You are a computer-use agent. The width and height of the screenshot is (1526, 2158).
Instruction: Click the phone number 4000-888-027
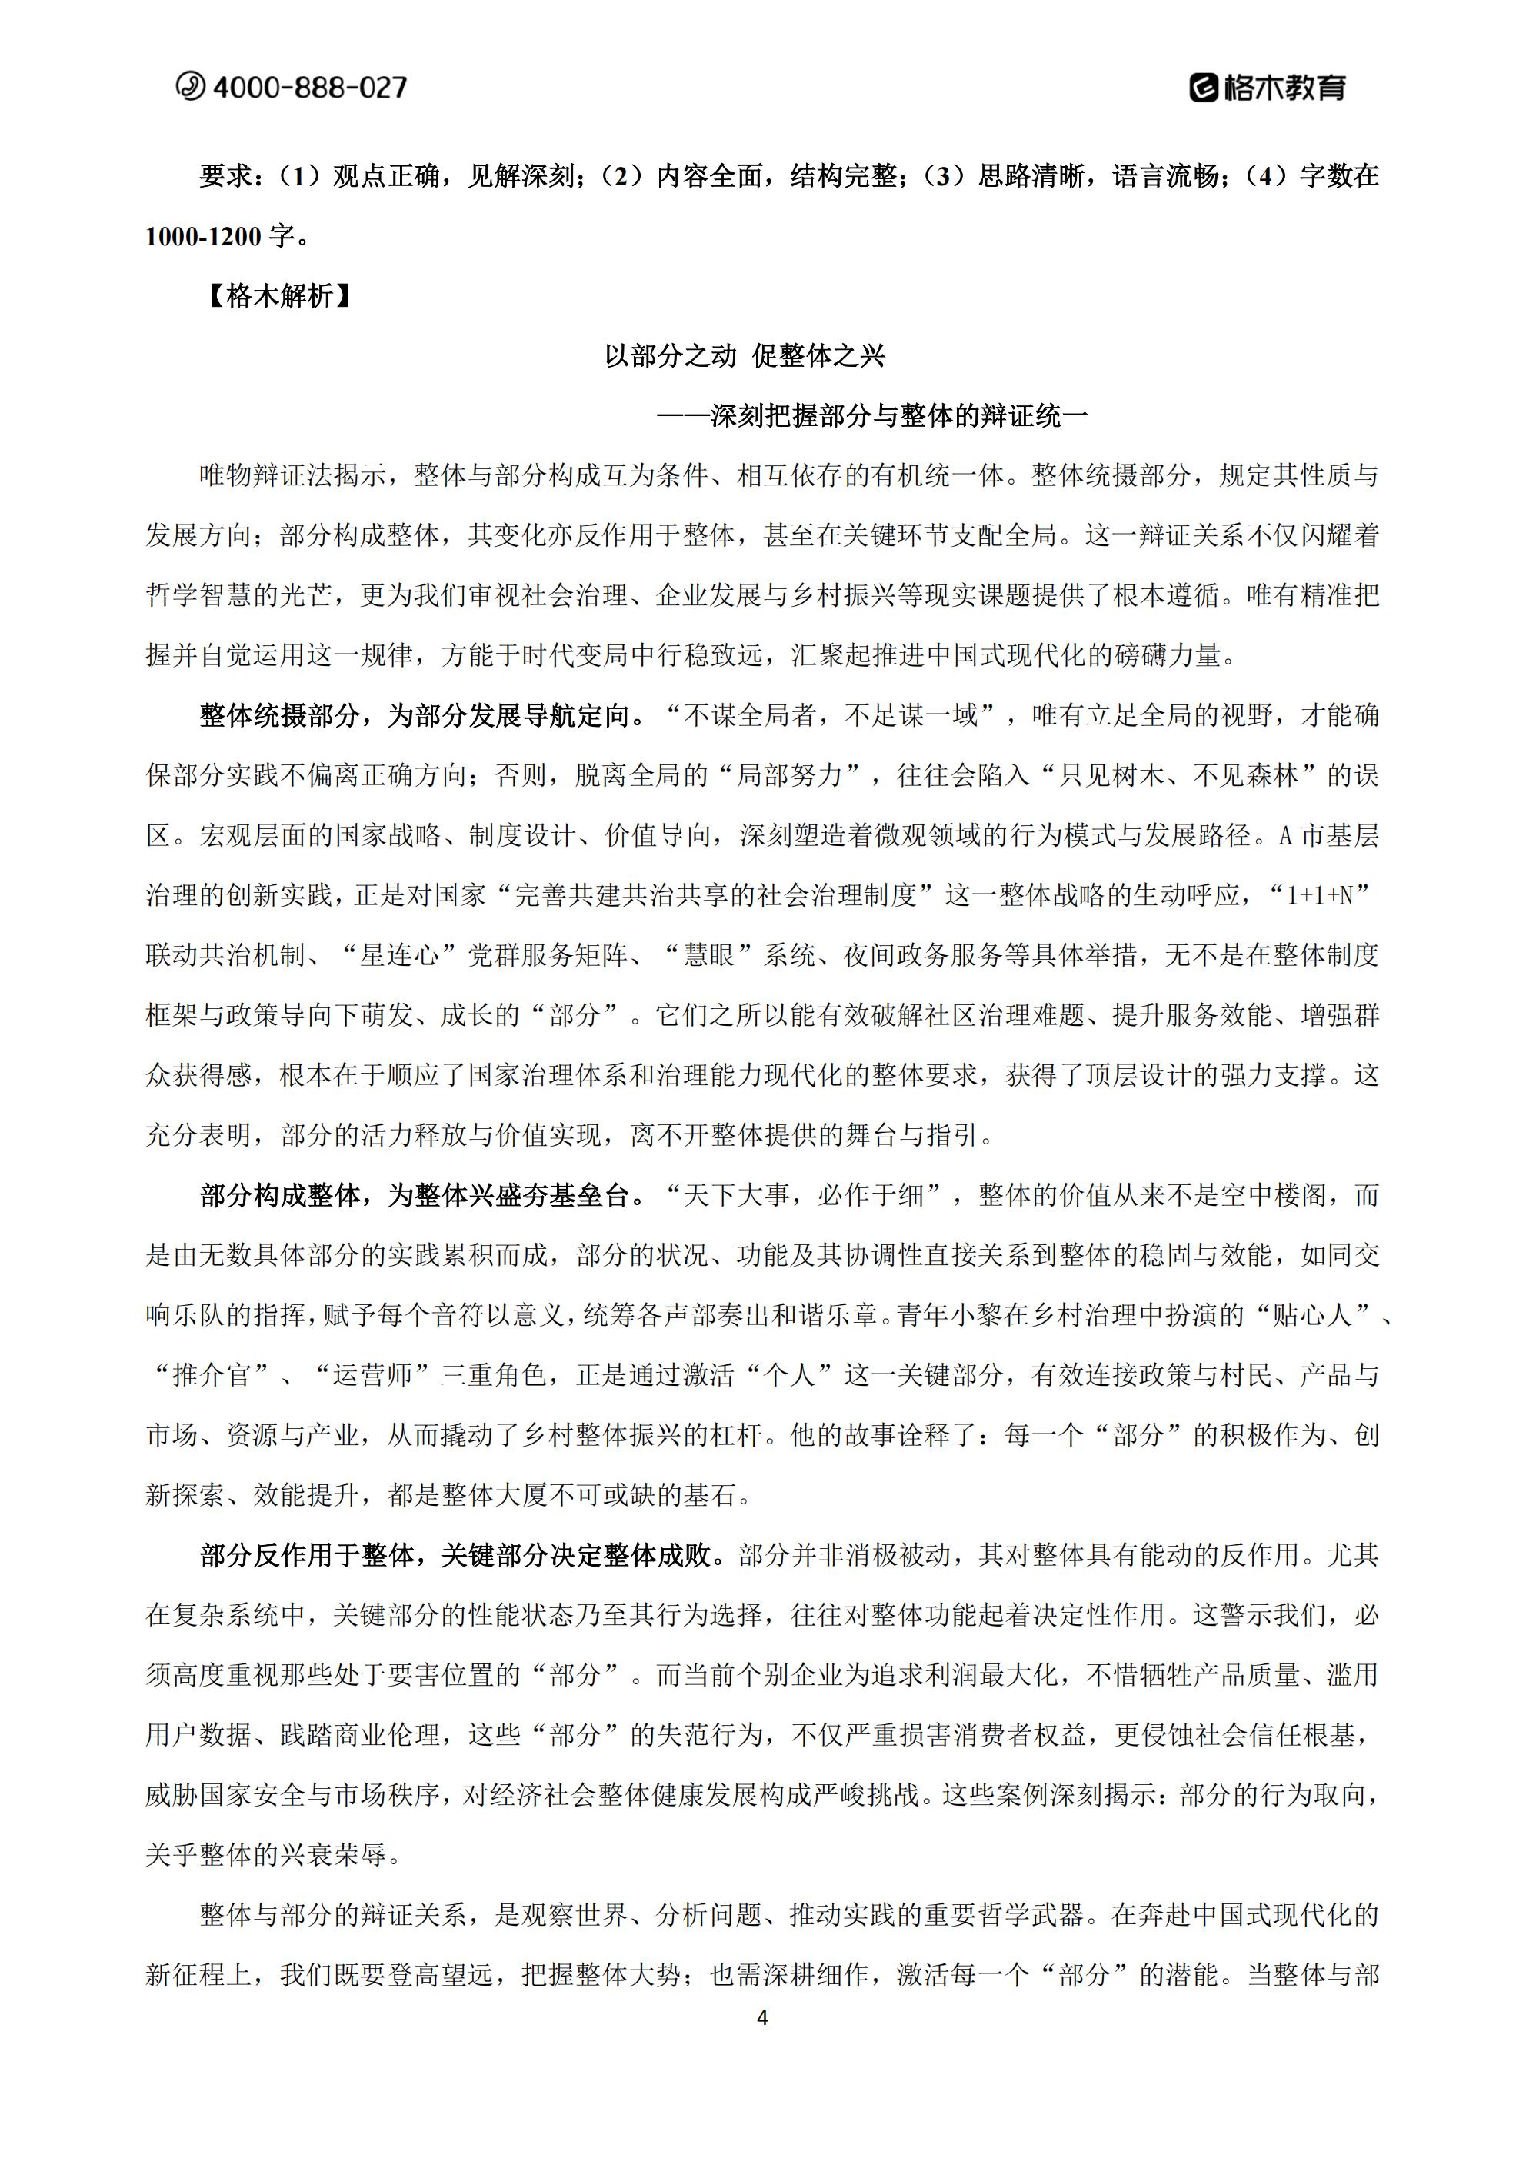[x=309, y=88]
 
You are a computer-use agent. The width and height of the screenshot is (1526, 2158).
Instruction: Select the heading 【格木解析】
[x=279, y=296]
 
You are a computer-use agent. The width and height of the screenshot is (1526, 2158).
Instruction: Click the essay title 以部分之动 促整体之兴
[x=745, y=355]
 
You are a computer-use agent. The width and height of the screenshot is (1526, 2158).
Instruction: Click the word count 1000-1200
[x=203, y=237]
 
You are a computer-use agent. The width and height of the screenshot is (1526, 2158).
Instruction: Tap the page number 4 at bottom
[x=762, y=2018]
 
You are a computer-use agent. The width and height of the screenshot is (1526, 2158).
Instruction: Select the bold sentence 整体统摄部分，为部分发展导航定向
[x=414, y=715]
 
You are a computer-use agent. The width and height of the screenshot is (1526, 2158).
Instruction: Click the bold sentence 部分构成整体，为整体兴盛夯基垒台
[x=414, y=1196]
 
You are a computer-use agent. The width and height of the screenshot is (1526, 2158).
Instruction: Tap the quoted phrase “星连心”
[x=401, y=956]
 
